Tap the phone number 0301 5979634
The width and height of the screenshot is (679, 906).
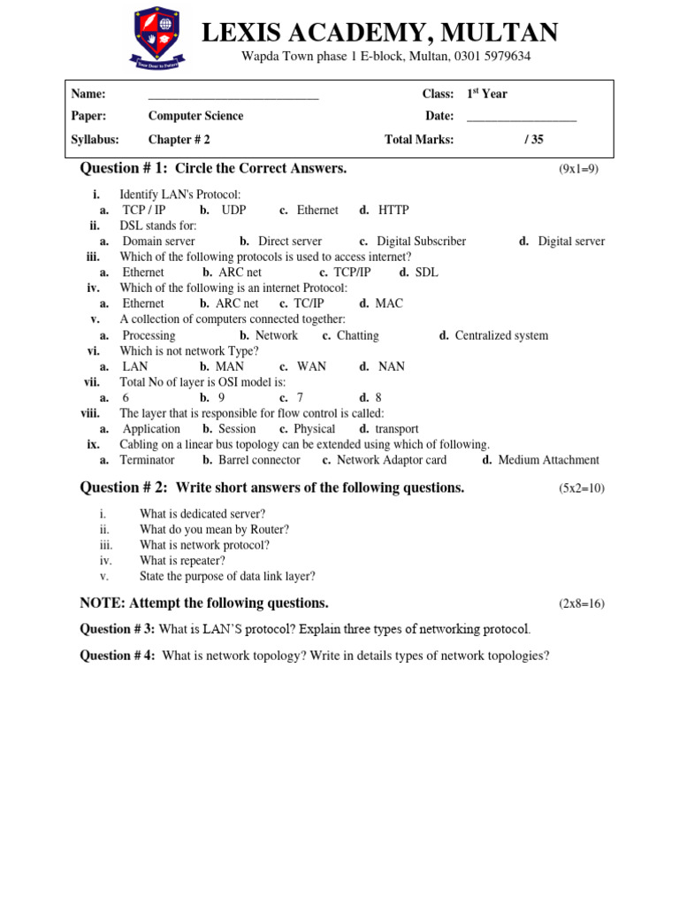492,57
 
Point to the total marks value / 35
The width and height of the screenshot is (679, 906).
533,139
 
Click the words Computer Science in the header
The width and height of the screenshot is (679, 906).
195,116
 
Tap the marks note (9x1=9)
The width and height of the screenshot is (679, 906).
578,169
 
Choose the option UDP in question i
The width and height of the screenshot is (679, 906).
233,210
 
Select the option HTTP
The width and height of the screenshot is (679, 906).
393,210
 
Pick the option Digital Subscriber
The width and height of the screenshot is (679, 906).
421,241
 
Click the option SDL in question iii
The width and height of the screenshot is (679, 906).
426,273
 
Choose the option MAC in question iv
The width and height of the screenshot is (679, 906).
389,303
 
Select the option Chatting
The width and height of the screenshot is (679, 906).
357,335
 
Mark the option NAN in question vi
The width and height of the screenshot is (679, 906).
392,366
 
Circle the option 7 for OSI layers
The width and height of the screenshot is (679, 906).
300,398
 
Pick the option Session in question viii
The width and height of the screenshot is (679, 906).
236,429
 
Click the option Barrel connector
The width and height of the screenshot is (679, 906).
259,460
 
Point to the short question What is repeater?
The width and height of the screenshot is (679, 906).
182,560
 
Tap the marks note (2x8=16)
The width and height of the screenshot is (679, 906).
581,603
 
